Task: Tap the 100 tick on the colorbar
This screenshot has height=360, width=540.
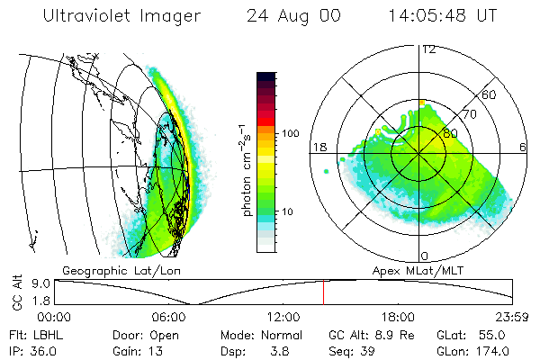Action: [290, 133]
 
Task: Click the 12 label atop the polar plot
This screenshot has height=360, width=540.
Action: [429, 49]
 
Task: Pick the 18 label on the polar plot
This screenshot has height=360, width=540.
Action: [319, 148]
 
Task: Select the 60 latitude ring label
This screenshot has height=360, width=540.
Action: [490, 94]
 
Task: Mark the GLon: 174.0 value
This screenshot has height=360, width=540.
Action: [478, 349]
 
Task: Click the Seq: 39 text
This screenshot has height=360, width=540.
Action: [354, 349]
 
